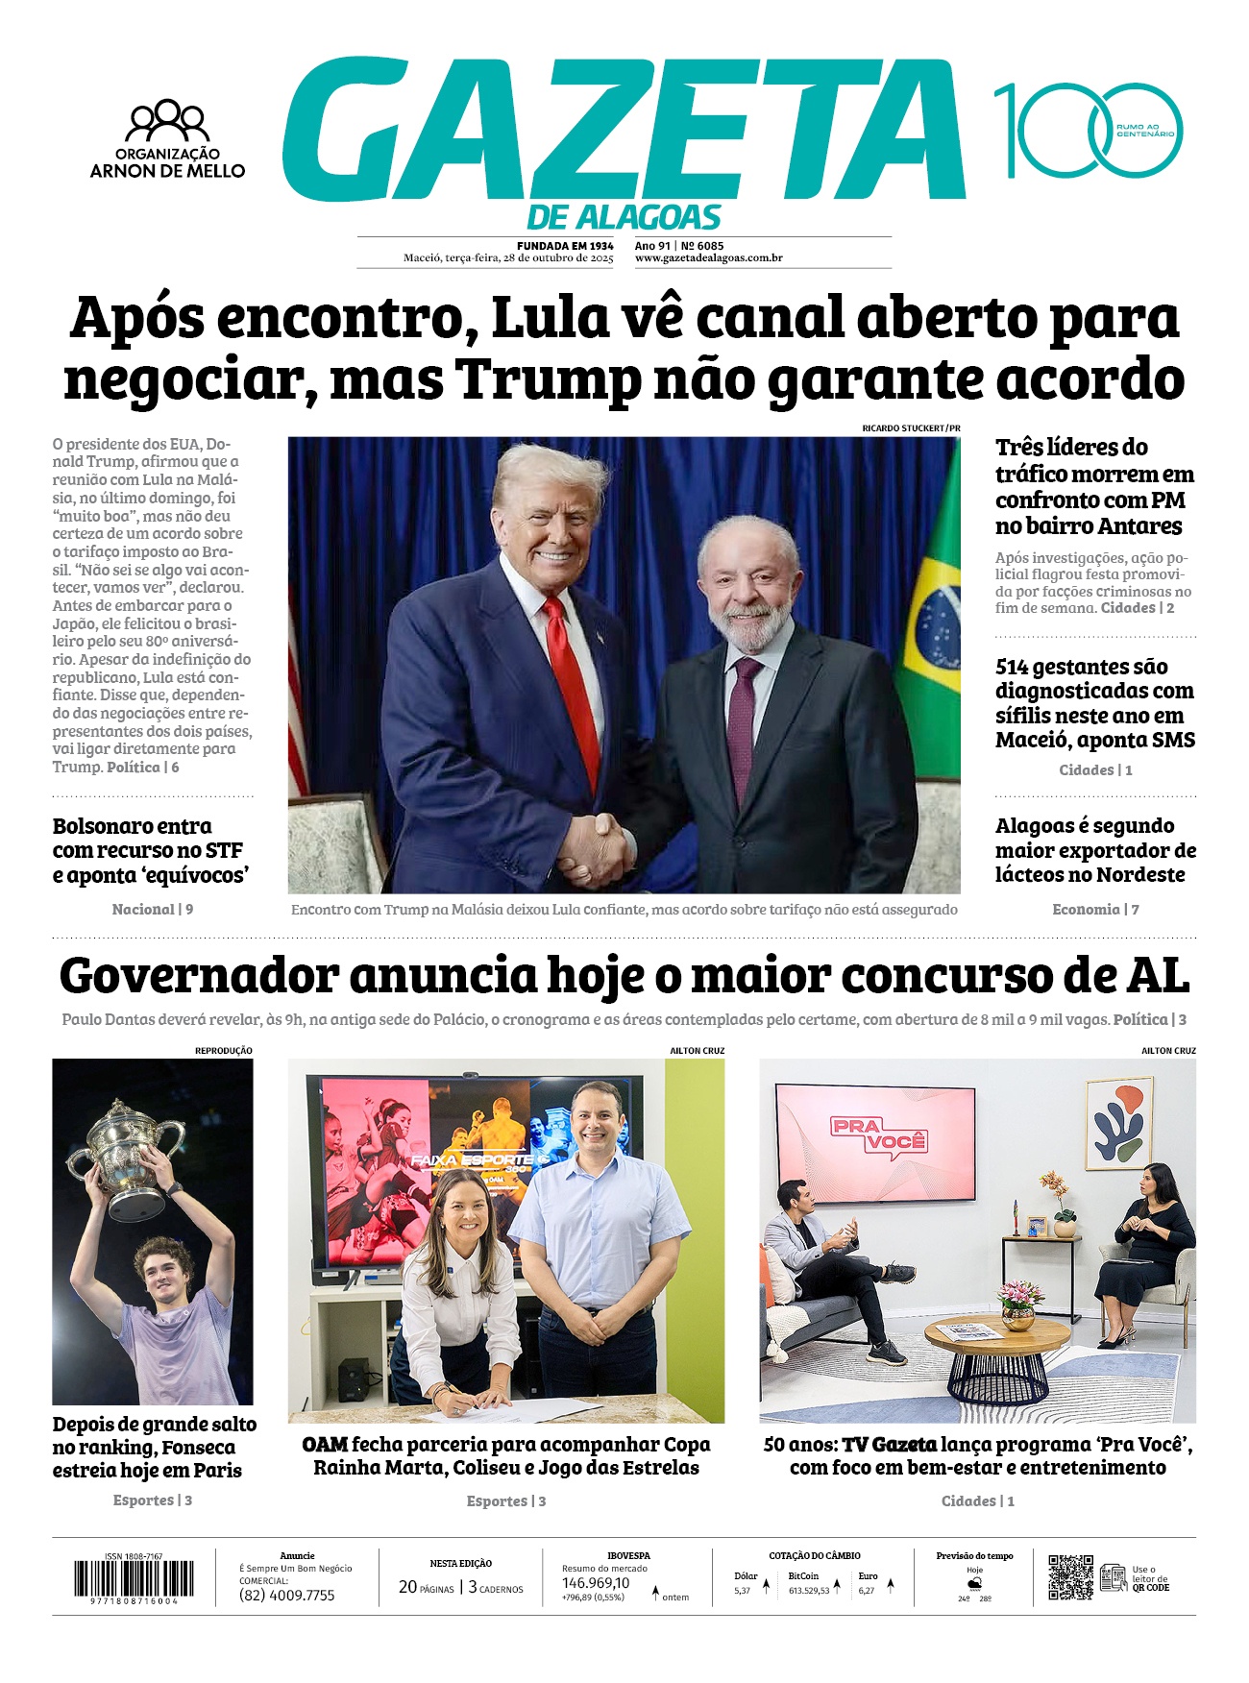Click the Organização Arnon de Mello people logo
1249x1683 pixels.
pyautogui.click(x=167, y=121)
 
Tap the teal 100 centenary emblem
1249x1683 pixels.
pyautogui.click(x=1087, y=131)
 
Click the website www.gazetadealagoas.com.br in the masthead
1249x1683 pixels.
pyautogui.click(x=709, y=258)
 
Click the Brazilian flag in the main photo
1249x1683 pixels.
pyautogui.click(x=931, y=615)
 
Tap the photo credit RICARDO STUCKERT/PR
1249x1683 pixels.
pyautogui.click(x=911, y=427)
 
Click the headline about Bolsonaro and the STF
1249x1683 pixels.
pyautogui.click(x=150, y=850)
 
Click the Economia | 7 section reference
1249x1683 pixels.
pyautogui.click(x=1095, y=909)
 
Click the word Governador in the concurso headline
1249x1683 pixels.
pyautogui.click(x=199, y=976)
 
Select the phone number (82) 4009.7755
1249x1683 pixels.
pyautogui.click(x=286, y=1596)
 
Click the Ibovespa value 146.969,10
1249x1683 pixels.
pyautogui.click(x=596, y=1583)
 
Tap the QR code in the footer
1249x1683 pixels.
pyautogui.click(x=1070, y=1576)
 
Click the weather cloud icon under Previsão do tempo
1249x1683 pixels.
pyautogui.click(x=974, y=1582)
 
